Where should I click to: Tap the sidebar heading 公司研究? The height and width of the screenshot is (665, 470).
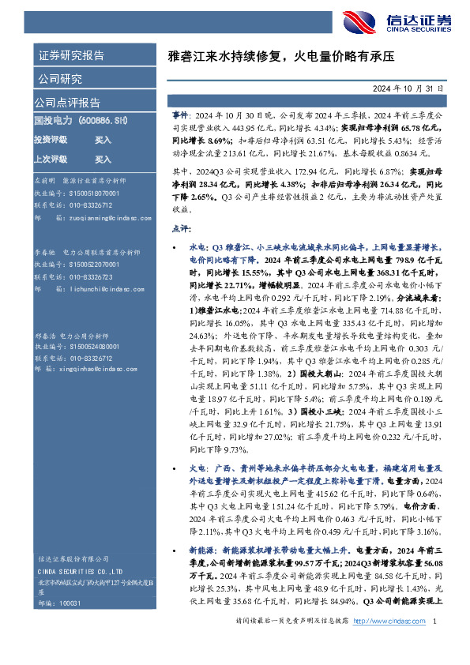point(58,79)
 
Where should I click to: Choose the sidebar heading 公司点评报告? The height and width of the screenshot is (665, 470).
point(67,103)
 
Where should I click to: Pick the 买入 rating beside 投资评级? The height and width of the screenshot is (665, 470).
point(103,139)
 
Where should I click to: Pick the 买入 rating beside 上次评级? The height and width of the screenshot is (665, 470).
point(103,159)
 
